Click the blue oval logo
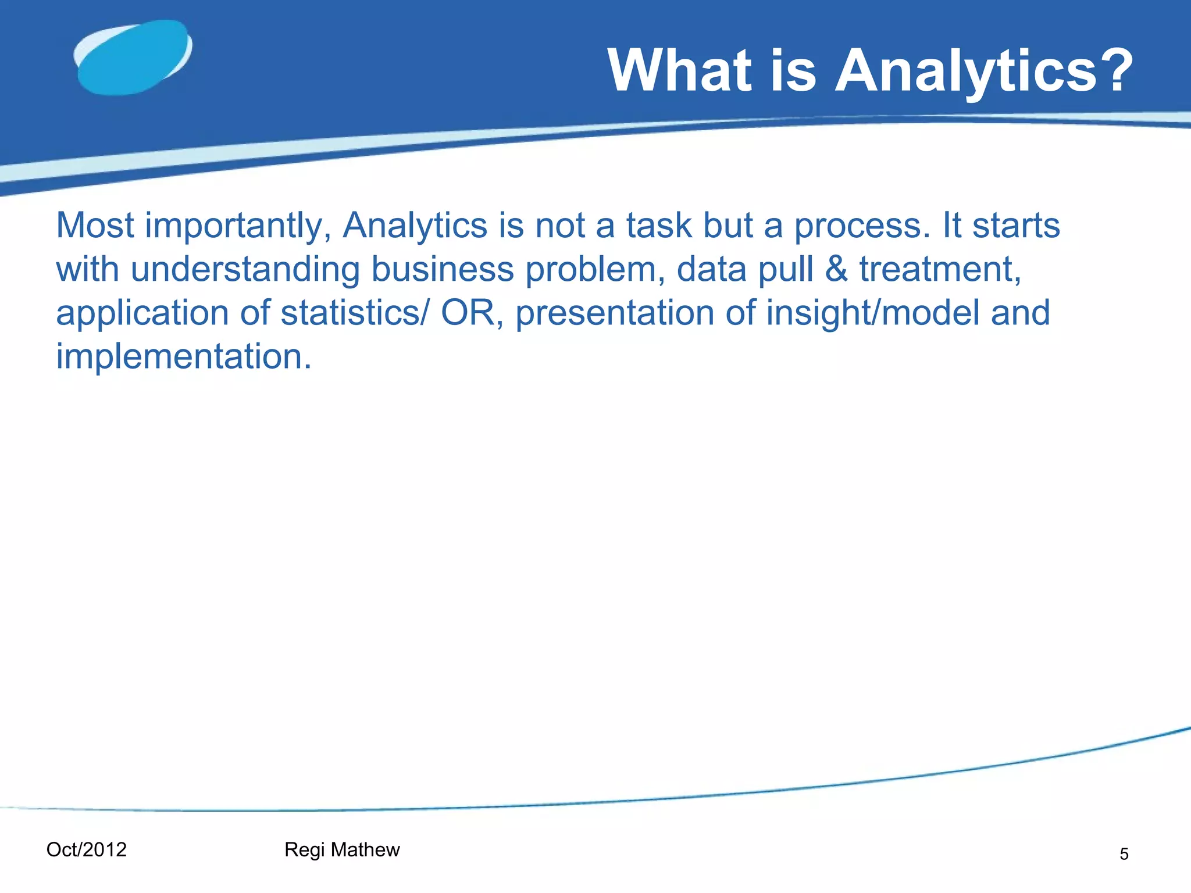133,58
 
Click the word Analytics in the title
966,72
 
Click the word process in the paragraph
862,227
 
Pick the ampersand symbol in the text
836,269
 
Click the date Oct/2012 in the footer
86,849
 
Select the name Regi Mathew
342,850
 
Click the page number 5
1124,854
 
